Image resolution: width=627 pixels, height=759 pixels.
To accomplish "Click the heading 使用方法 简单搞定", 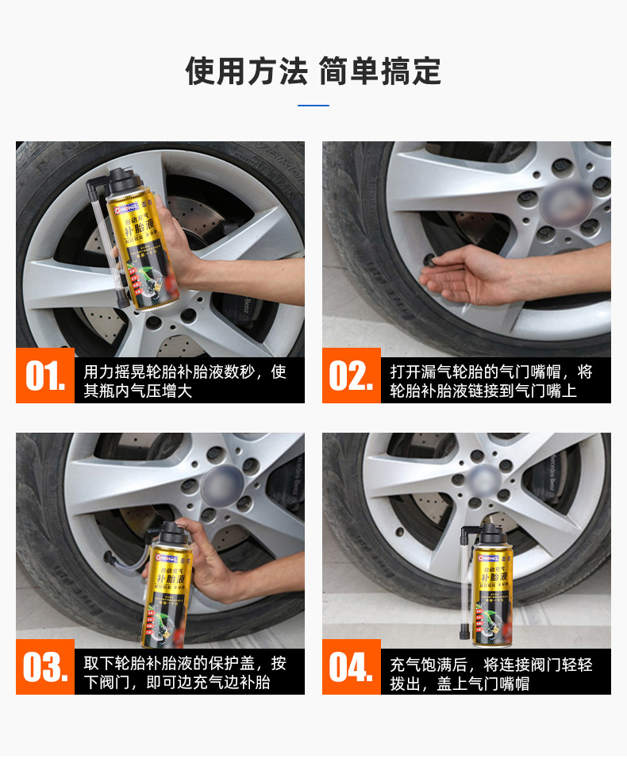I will tap(313, 71).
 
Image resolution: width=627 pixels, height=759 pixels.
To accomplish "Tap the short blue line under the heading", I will tap(313, 105).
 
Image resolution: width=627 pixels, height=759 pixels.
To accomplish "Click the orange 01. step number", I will tap(45, 376).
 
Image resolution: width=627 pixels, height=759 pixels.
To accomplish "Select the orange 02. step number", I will tap(351, 376).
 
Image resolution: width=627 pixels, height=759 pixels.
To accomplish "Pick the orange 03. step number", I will tap(45, 667).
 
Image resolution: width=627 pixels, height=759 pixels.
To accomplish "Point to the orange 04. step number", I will tap(351, 667).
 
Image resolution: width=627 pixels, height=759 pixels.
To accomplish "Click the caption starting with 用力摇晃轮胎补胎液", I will tap(185, 381).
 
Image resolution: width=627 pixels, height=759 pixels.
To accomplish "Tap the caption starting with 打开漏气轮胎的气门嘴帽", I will tap(491, 381).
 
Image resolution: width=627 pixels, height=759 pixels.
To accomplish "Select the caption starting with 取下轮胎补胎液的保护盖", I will tap(185, 672).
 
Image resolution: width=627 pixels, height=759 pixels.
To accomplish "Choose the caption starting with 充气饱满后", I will tap(491, 672).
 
